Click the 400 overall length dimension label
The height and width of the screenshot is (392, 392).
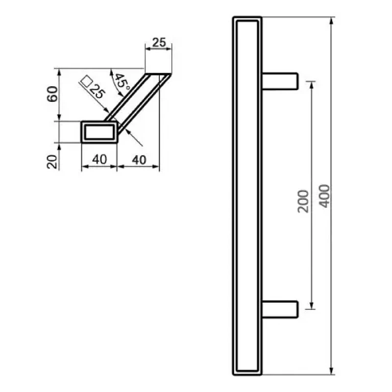pyautogui.click(x=325, y=196)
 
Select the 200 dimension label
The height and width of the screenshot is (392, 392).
pyautogui.click(x=303, y=201)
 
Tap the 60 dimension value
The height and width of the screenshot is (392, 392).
pyautogui.click(x=52, y=94)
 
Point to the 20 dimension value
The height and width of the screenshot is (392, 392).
pyautogui.click(x=52, y=162)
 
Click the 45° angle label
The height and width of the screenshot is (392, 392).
pyautogui.click(x=122, y=82)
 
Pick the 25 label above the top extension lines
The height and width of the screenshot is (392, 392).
pyautogui.click(x=159, y=43)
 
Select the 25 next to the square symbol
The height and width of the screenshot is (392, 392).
pyautogui.click(x=97, y=91)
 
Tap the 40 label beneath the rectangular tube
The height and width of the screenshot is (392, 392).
pyautogui.click(x=99, y=159)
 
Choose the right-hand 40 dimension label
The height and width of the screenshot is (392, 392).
pyautogui.click(x=139, y=160)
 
